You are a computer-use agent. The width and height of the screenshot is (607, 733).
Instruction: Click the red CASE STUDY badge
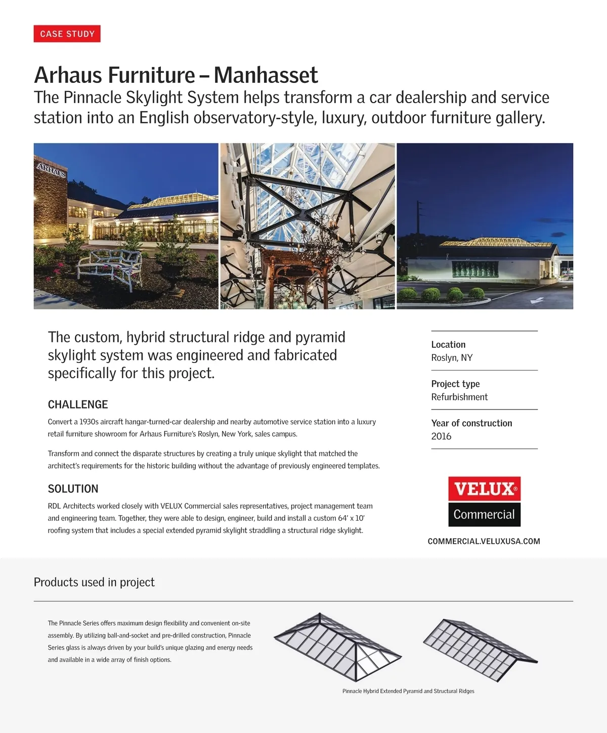coord(67,34)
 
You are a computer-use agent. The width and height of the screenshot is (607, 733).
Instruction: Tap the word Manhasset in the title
coord(266,75)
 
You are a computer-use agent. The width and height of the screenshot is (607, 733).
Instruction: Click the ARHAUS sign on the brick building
coord(51,170)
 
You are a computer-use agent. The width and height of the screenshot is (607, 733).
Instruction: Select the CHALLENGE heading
coord(78,404)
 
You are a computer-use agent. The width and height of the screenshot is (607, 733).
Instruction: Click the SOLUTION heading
coord(73,489)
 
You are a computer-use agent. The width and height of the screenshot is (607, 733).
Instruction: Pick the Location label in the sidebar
coord(448,344)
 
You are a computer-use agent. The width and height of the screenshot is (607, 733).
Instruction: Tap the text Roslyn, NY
coord(452,357)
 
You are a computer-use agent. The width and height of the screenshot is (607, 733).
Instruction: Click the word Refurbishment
coord(459,397)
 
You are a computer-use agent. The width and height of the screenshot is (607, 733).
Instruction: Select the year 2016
coord(441,436)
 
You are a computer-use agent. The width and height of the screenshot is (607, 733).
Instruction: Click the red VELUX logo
coord(484,489)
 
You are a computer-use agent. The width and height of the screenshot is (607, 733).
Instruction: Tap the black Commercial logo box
coord(484,515)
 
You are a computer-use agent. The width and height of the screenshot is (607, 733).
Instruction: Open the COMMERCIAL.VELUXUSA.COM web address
coord(484,541)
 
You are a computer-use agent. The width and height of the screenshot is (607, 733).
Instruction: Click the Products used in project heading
coord(94,582)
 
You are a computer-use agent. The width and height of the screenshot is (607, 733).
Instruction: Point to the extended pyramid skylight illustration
coord(337,646)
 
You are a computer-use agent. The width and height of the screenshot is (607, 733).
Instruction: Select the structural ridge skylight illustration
coord(480,649)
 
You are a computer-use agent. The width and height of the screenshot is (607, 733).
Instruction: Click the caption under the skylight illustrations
coord(408,691)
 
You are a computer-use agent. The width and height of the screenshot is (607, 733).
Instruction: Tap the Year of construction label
coord(471,423)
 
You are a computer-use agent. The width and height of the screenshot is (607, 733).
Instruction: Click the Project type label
coord(455,384)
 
